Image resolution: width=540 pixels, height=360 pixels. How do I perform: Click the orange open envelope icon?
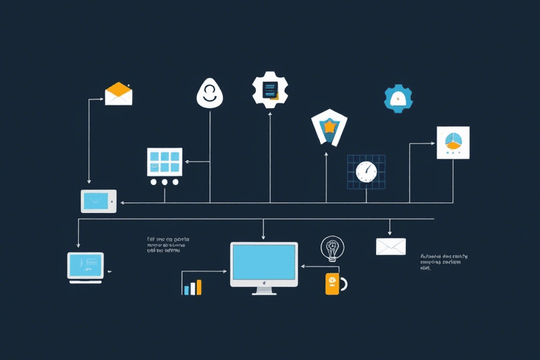click(119, 94)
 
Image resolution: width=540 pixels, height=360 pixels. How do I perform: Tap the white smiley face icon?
click(209, 94)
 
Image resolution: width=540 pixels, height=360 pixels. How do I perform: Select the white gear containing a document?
click(271, 89)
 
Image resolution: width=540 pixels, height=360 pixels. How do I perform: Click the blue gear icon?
click(398, 98)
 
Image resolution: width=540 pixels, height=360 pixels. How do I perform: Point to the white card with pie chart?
click(452, 143)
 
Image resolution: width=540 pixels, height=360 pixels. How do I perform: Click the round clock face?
click(366, 171)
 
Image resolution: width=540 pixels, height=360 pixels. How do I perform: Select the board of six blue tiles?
click(165, 162)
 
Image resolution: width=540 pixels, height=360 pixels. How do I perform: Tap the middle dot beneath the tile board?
click(165, 181)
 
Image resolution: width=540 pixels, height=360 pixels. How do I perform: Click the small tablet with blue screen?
click(98, 201)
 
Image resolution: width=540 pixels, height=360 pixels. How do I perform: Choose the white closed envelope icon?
click(391, 246)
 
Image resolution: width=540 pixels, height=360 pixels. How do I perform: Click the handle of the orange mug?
click(343, 284)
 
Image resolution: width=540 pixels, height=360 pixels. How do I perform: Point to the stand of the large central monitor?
click(264, 290)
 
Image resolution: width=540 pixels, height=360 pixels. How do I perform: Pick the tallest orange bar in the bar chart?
click(199, 287)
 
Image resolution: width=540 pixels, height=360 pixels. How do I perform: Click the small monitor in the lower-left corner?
click(86, 267)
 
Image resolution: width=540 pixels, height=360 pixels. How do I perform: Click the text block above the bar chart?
click(168, 245)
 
